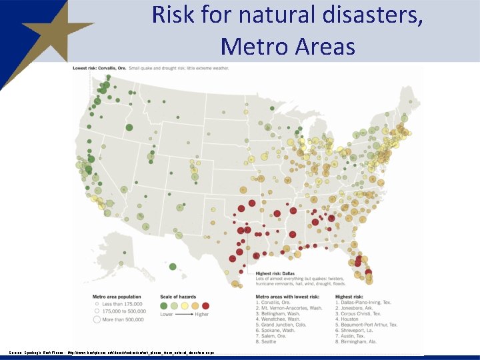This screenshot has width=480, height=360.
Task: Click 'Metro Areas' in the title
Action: (287, 46)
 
